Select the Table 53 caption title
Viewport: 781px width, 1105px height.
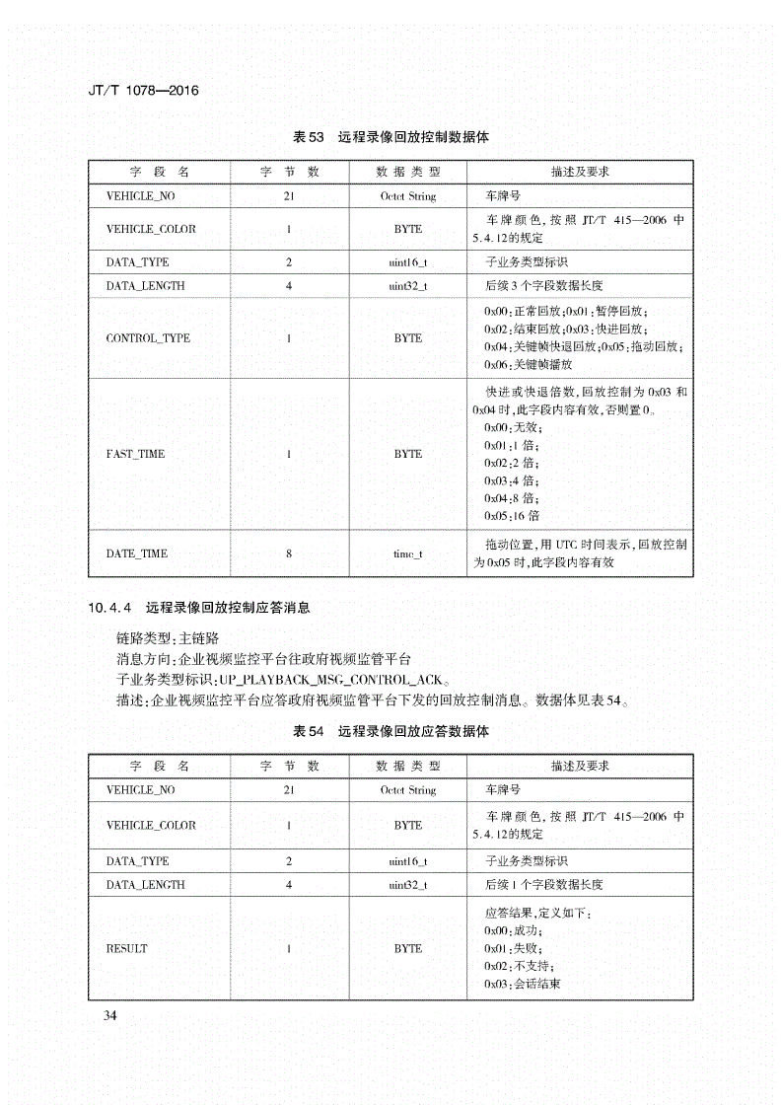[391, 138]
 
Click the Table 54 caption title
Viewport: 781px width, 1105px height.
[391, 733]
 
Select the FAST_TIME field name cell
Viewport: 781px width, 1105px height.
[136, 454]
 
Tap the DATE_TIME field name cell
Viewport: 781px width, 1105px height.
[137, 553]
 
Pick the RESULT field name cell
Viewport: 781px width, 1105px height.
[127, 948]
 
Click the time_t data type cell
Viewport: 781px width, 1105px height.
[407, 553]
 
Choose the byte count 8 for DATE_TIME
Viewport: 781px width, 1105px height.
[289, 553]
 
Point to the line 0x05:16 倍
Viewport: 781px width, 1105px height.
[512, 516]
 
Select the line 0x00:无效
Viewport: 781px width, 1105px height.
[512, 427]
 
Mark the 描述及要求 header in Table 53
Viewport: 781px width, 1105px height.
[580, 172]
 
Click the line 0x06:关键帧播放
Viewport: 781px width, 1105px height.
[528, 364]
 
